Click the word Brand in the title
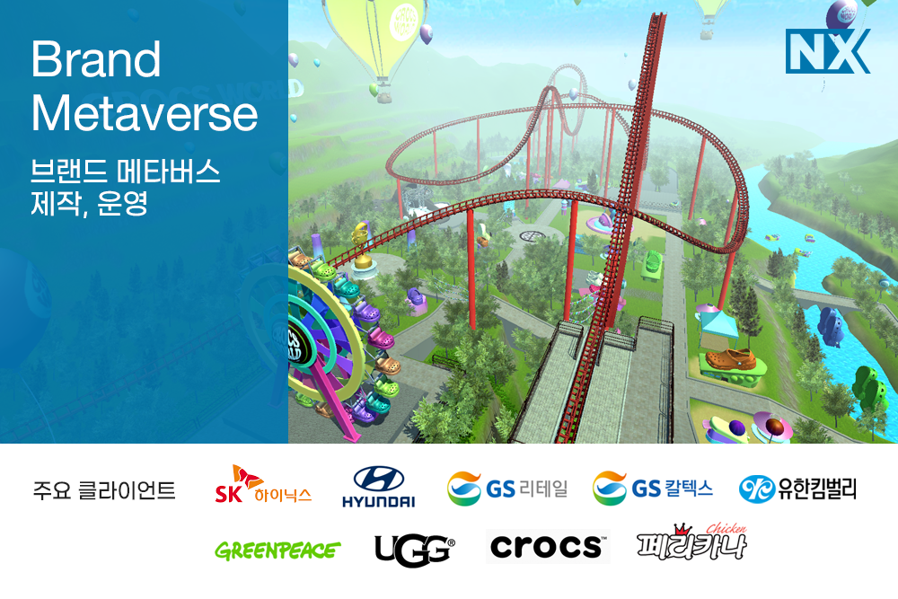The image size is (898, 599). pos(96,59)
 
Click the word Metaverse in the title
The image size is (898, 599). pos(145,113)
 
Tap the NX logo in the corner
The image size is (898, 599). pos(828,51)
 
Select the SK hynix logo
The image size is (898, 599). pos(263,486)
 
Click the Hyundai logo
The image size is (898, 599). pos(379,487)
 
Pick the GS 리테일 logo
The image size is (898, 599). pos(507,489)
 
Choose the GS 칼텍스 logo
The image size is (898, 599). pos(653,489)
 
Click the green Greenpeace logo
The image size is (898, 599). pos(277,551)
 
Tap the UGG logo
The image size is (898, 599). pos(415,550)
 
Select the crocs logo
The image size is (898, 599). pos(548,546)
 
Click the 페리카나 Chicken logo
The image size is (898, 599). pos(691,542)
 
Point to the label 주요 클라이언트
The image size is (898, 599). pos(103,490)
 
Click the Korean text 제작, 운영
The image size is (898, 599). pos(89,203)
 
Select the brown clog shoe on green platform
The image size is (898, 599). pos(730,359)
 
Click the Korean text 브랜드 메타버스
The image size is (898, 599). pos(126,171)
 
